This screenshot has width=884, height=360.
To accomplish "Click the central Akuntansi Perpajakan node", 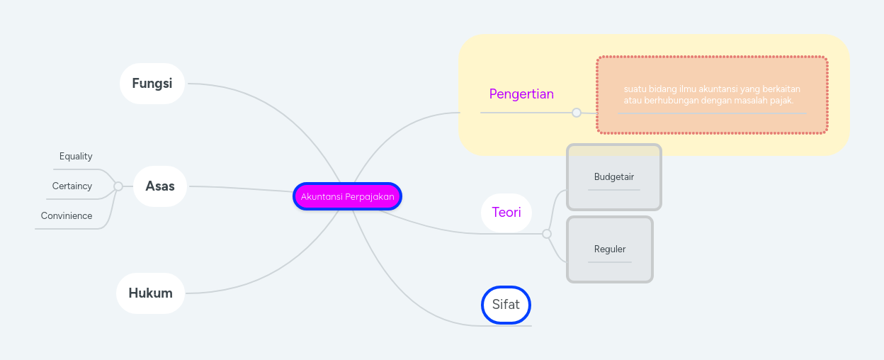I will click(347, 196).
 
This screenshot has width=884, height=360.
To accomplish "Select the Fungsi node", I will click(152, 84).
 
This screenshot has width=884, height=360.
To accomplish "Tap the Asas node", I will click(159, 186).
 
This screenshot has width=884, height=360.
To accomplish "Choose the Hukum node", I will click(150, 293).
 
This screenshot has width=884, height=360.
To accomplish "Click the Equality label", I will click(76, 157).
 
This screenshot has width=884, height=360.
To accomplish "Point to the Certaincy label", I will click(72, 186).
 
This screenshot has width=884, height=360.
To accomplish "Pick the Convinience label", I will click(67, 216).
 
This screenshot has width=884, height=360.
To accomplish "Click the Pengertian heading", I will click(521, 94).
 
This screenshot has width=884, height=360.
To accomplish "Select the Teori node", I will click(506, 213).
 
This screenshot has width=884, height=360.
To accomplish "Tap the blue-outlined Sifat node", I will click(506, 305).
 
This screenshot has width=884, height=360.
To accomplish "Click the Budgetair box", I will click(614, 177).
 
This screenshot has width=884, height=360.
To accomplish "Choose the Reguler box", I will click(610, 249).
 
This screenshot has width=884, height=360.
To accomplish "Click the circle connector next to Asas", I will click(118, 186).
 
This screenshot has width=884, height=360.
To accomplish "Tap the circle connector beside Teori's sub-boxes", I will click(547, 234).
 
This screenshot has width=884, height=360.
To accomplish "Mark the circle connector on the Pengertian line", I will click(577, 113).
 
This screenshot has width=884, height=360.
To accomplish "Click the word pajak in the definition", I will click(781, 101).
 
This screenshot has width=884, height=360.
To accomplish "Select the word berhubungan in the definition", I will click(666, 101).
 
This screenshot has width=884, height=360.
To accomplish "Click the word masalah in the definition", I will click(749, 101).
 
